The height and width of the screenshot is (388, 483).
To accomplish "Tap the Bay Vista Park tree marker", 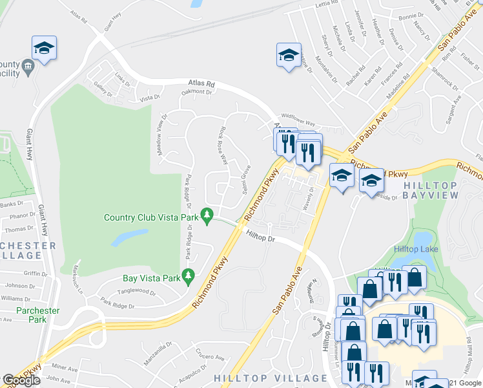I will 189,276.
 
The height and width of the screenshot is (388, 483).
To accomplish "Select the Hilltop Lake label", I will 416,249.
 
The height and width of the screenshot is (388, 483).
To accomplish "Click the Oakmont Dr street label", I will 196,92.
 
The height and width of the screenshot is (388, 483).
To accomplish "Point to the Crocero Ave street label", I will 211,356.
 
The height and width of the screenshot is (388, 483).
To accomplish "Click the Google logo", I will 21,380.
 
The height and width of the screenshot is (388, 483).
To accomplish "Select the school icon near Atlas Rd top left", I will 44,48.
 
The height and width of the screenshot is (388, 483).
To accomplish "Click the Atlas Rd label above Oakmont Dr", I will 201,83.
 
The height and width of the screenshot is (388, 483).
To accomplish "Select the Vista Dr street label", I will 149,98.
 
